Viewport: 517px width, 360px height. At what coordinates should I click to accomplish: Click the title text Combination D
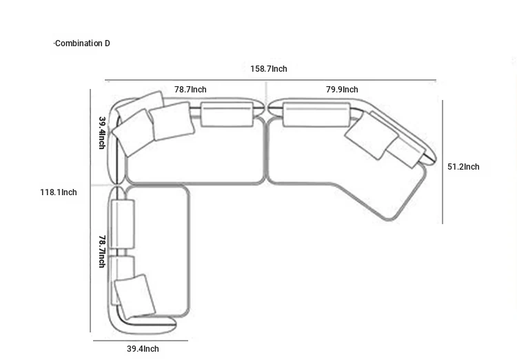point(83,43)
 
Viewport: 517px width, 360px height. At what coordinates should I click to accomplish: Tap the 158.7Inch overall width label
point(269,69)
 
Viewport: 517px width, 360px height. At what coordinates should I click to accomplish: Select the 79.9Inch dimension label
point(342,90)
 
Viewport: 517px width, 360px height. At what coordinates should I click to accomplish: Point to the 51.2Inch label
point(463,167)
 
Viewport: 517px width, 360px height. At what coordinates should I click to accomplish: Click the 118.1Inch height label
point(59,192)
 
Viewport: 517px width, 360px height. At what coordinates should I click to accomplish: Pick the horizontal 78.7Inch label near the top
point(190,90)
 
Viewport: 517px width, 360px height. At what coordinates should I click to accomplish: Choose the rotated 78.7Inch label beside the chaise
point(102,252)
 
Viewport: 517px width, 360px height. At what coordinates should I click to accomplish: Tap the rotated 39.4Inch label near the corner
point(102,133)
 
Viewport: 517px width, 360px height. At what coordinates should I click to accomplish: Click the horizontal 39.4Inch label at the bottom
point(143,349)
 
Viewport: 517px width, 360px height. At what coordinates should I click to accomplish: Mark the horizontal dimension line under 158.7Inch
point(271,80)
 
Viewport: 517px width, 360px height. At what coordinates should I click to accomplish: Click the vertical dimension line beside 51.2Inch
point(443,161)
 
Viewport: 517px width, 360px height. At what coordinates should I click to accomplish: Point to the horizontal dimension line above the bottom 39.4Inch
point(141,341)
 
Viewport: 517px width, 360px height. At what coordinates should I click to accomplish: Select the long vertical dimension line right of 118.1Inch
point(90,210)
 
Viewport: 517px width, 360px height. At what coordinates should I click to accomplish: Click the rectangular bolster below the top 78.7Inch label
point(227,114)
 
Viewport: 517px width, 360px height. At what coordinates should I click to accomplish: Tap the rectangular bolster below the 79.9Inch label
point(316,114)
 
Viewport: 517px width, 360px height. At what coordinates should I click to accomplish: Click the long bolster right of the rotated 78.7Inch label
point(122,224)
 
